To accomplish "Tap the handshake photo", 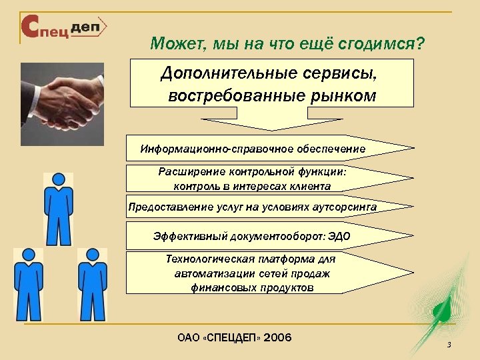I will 62,97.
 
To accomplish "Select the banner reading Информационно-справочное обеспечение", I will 253,148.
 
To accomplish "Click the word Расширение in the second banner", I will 187,171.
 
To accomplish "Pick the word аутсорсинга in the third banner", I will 343,207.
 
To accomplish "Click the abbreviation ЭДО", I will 338,236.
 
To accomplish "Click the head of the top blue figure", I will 58,180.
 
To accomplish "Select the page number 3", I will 449,345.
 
